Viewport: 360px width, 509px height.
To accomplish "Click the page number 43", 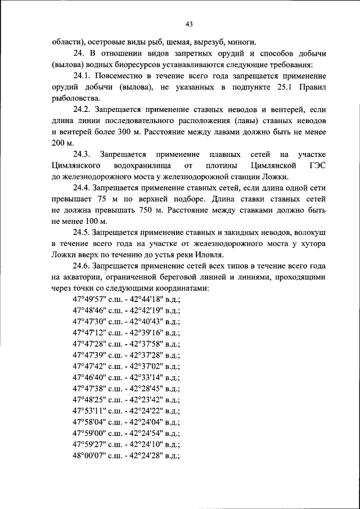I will [188, 24].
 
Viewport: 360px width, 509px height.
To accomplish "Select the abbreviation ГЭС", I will [316, 165].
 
